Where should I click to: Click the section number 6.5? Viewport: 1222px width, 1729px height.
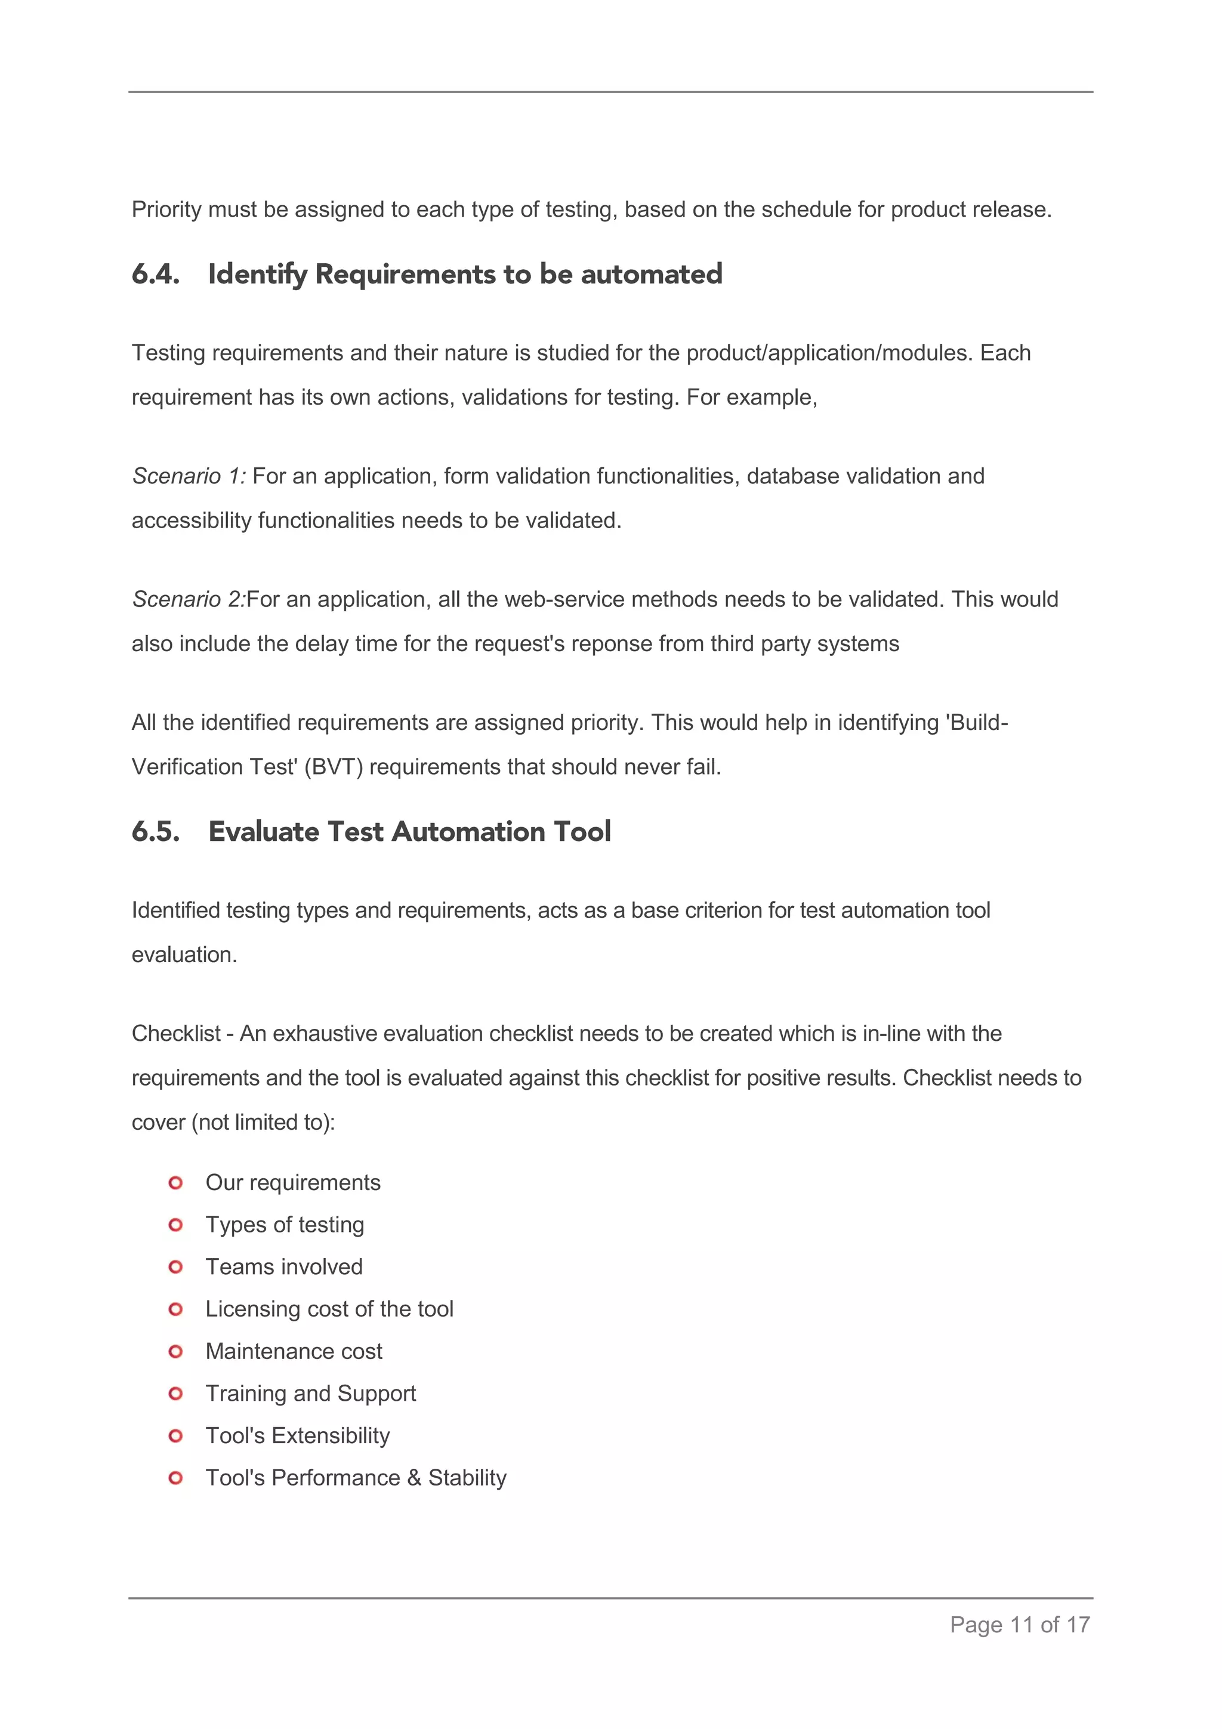(156, 831)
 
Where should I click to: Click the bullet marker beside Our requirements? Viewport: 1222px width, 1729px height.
(175, 1183)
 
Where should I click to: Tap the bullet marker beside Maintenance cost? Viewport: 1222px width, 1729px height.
(175, 1352)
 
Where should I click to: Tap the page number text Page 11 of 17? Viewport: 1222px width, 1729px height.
(1020, 1625)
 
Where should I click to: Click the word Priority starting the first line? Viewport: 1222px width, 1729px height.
(166, 209)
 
